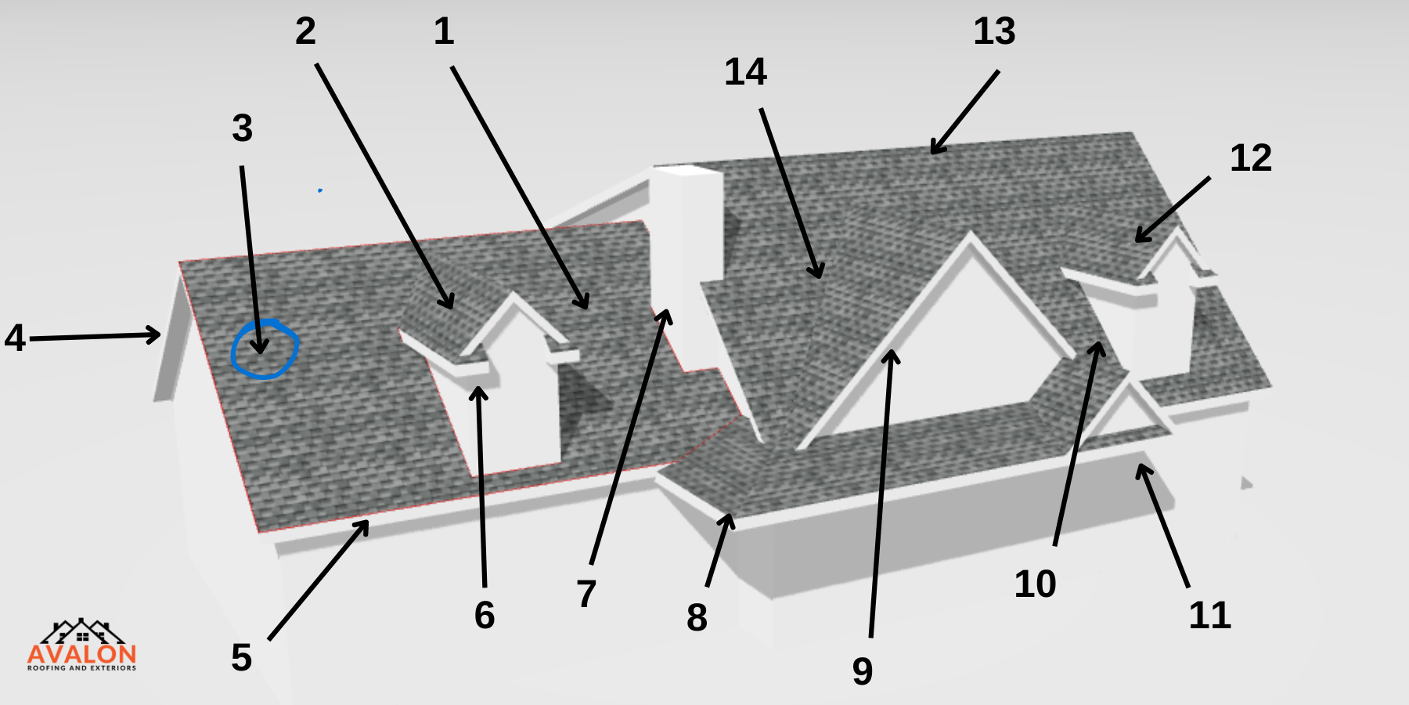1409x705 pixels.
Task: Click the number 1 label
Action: tap(444, 31)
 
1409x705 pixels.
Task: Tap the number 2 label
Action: tap(305, 31)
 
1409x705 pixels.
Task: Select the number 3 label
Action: tap(243, 128)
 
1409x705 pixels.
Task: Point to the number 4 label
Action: tap(15, 338)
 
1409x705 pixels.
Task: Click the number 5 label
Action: tap(241, 657)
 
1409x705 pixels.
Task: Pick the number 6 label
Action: tap(485, 615)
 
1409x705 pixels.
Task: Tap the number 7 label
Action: tap(586, 594)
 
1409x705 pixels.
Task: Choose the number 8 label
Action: tap(697, 617)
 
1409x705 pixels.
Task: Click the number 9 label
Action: tap(863, 671)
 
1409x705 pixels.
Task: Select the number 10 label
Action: tap(1035, 584)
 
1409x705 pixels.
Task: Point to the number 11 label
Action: tap(1209, 616)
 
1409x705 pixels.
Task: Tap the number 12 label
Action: tap(1251, 158)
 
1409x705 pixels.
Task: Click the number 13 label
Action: tap(994, 31)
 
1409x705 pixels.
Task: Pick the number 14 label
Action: tap(745, 72)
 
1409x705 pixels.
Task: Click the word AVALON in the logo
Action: tap(82, 654)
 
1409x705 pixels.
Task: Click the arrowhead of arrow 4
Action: tap(153, 335)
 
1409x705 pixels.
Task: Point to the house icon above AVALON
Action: tap(82, 631)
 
